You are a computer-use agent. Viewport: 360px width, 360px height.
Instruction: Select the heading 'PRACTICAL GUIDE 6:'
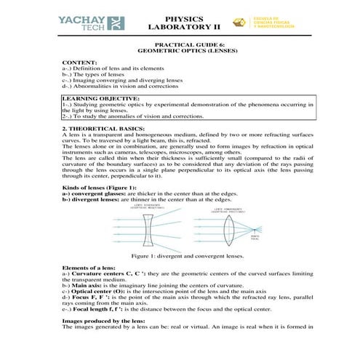click(179, 44)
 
